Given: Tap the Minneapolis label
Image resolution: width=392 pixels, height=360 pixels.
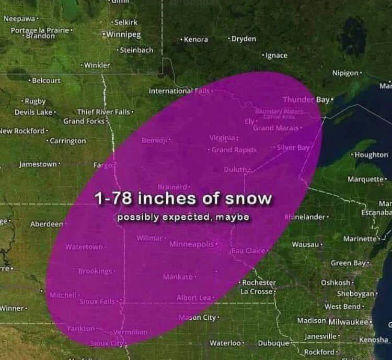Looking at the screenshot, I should [191, 244].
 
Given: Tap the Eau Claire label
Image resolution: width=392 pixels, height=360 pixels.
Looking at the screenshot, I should [248, 251].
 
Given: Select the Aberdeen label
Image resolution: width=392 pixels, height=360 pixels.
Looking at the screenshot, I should [47, 224].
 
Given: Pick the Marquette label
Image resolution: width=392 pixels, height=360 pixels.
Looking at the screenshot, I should [365, 179].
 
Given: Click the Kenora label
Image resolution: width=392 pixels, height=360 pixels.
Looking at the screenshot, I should [196, 40].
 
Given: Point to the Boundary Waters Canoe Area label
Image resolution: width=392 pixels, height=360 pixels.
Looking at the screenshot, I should [275, 114].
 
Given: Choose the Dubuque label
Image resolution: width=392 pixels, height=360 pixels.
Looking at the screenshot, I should [273, 343].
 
